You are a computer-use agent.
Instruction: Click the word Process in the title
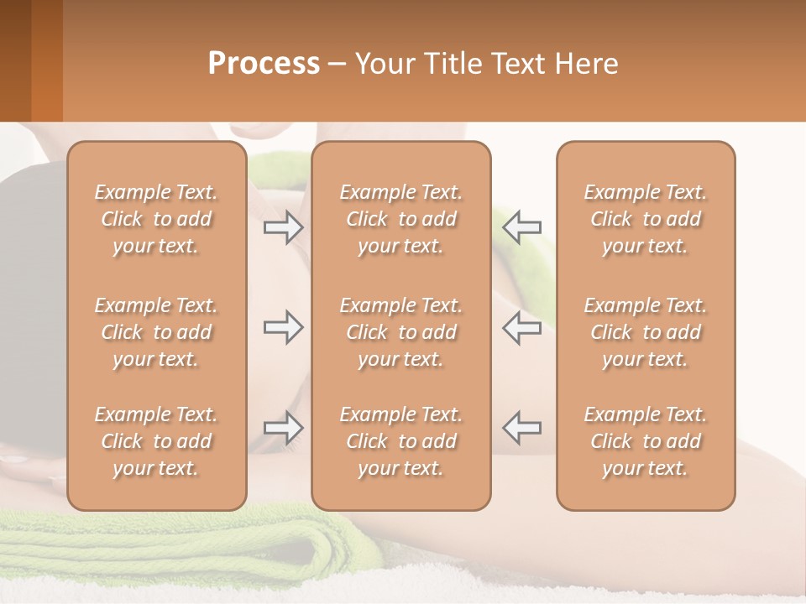click(x=264, y=63)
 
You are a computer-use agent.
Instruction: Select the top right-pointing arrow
click(x=283, y=227)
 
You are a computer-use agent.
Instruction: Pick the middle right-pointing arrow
click(x=283, y=327)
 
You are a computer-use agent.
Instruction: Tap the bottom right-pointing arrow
click(x=283, y=428)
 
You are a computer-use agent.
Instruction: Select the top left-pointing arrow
click(x=522, y=227)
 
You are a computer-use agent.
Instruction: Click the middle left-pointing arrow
click(x=522, y=327)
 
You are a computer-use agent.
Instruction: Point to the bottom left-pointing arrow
click(x=522, y=428)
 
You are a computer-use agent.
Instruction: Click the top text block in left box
click(x=156, y=219)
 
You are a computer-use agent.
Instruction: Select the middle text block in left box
click(x=156, y=332)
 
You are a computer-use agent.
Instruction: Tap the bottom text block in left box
click(x=156, y=441)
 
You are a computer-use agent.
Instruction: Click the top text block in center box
click(x=401, y=219)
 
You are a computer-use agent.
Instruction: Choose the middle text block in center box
click(x=401, y=332)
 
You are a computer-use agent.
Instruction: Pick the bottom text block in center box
click(x=401, y=441)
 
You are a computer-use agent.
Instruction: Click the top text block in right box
click(x=646, y=219)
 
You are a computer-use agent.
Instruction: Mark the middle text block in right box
click(x=646, y=332)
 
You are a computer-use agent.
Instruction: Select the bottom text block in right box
click(x=646, y=441)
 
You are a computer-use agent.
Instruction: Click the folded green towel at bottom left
click(x=168, y=549)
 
